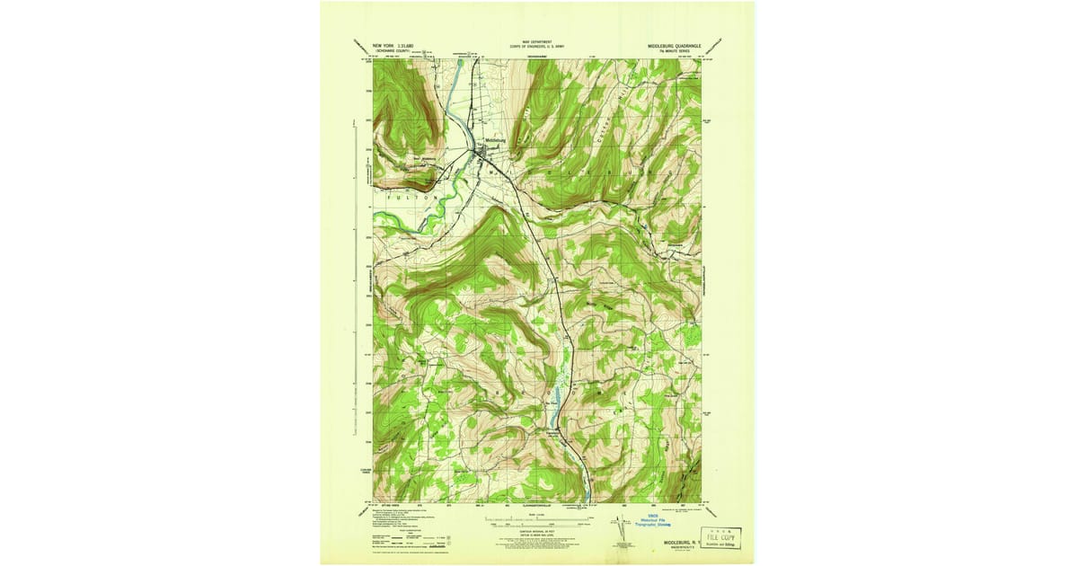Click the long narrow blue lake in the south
557,396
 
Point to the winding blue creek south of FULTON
404,216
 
